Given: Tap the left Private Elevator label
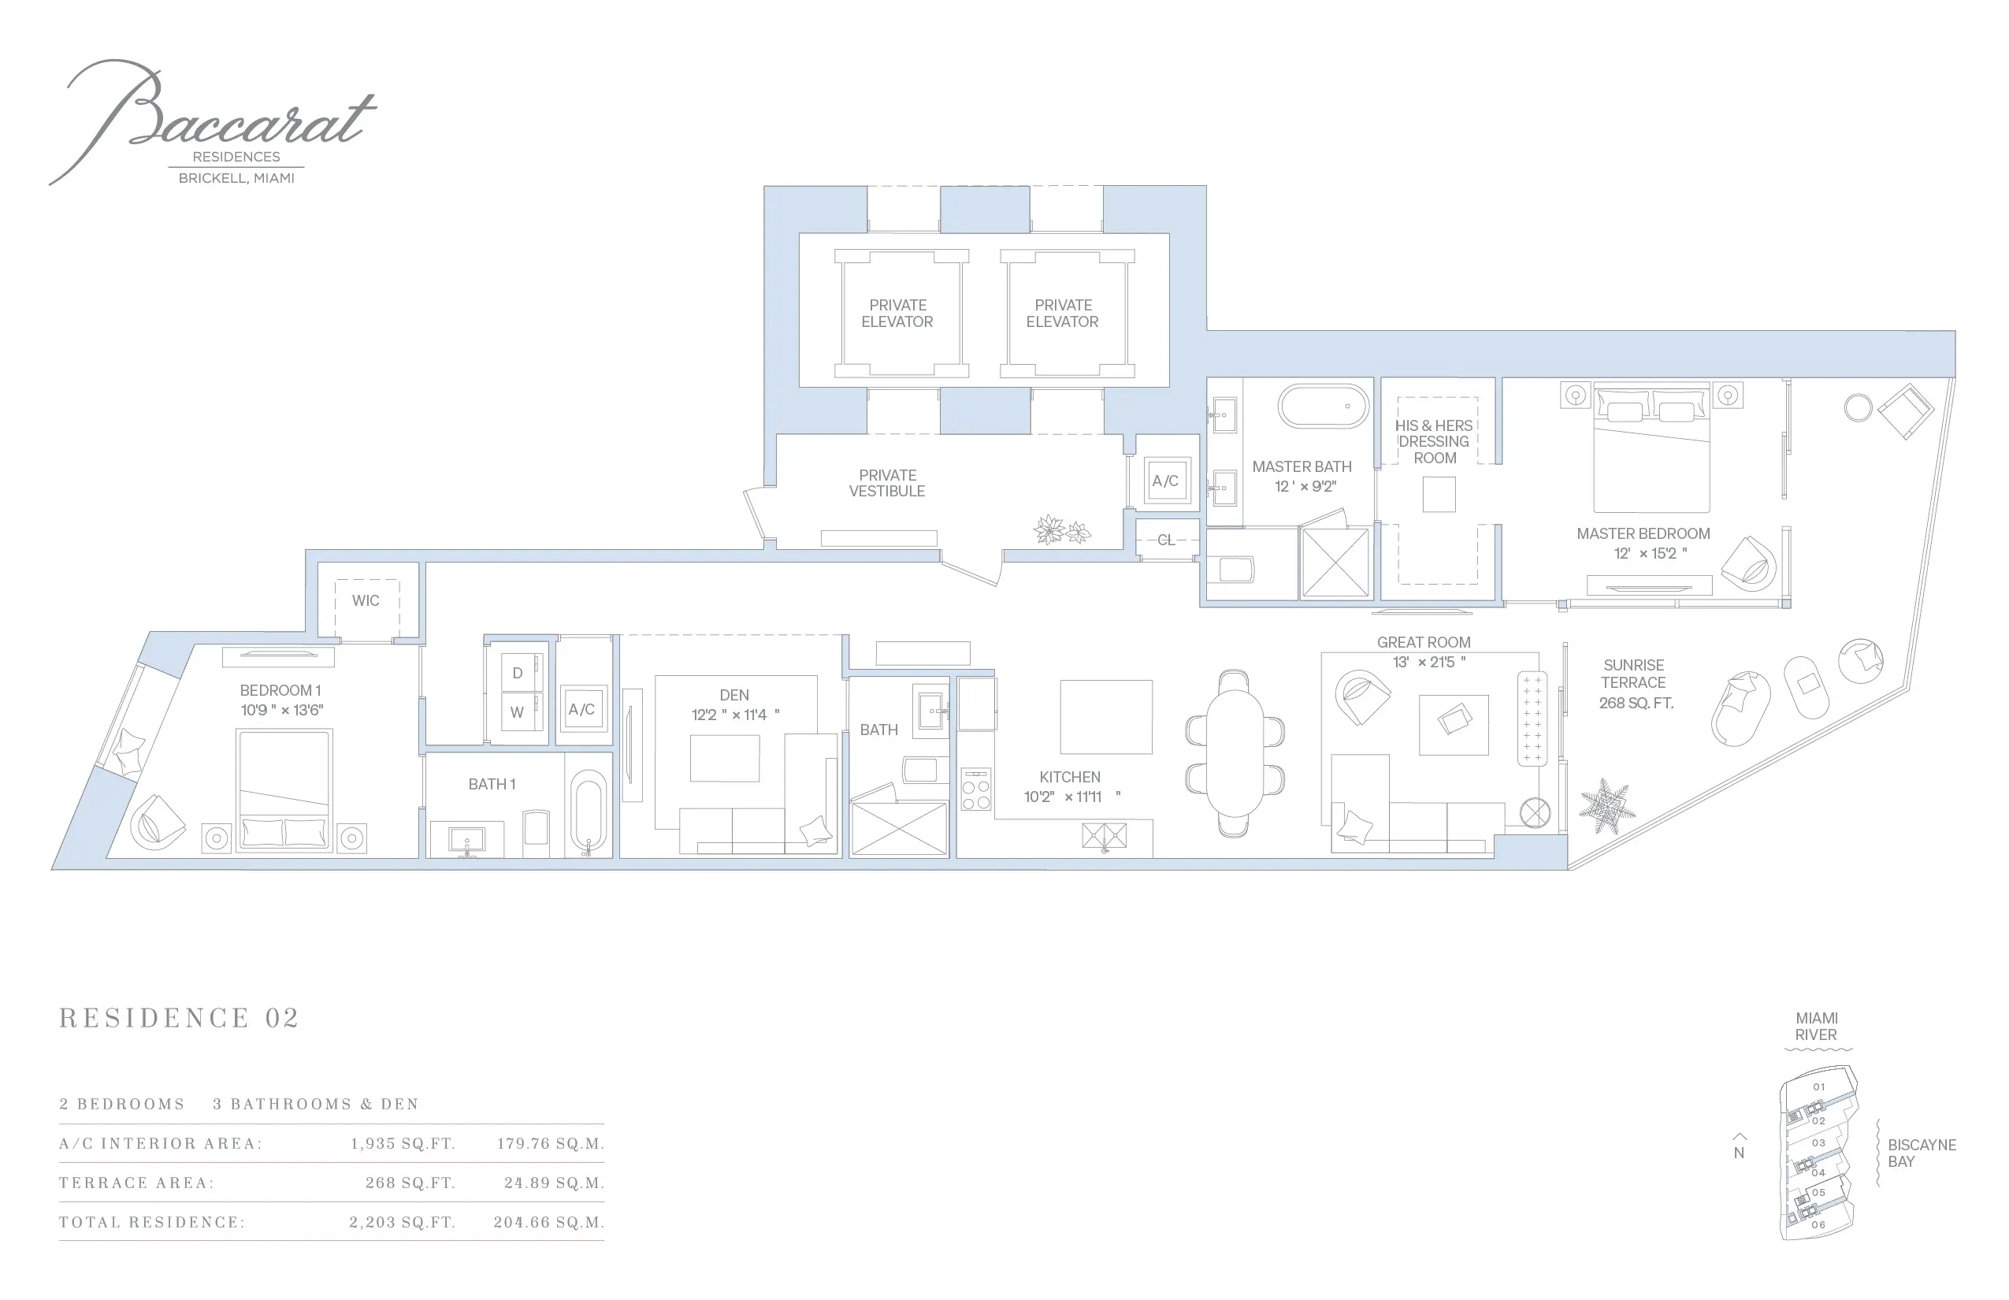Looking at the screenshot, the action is click(x=897, y=314).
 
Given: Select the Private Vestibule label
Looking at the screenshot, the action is click(x=887, y=483).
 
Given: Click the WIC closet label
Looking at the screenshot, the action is click(x=366, y=601).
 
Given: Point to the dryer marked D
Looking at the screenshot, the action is click(x=518, y=673).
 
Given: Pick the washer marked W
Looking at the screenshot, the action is click(x=518, y=711).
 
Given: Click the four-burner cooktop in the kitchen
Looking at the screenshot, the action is click(x=976, y=790).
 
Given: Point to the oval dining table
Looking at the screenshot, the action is click(x=1235, y=754).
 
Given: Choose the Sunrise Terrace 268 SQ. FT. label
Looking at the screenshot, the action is click(x=1635, y=684).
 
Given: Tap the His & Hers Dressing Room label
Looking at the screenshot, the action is click(x=1434, y=441).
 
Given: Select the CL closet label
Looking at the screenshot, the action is click(x=1166, y=540).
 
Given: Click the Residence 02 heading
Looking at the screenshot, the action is click(x=179, y=1018).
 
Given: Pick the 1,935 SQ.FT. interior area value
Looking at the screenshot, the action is click(x=403, y=1144).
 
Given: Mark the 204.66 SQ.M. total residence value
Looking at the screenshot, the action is click(x=548, y=1222).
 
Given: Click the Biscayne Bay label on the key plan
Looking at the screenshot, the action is click(x=1922, y=1153).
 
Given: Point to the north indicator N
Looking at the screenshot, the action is click(x=1739, y=1152).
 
